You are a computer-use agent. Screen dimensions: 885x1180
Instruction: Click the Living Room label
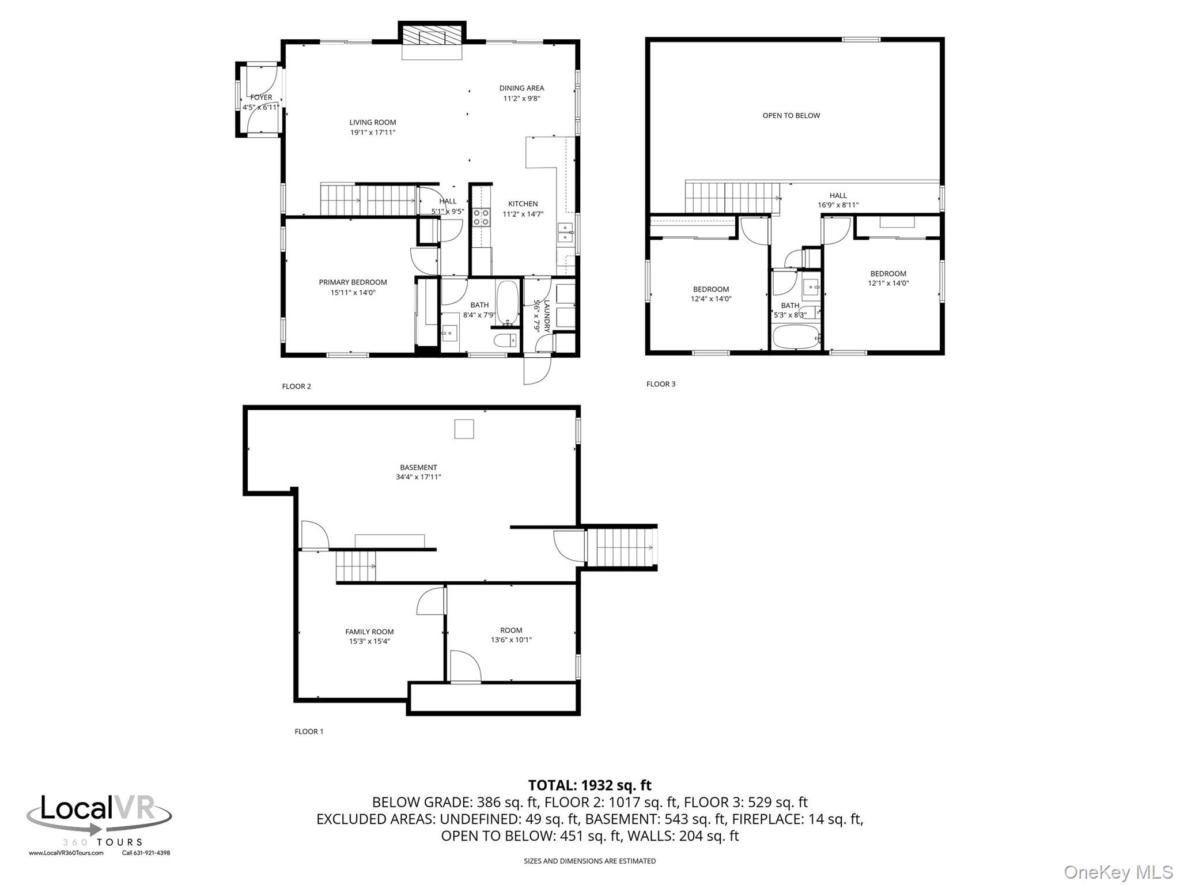click(372, 122)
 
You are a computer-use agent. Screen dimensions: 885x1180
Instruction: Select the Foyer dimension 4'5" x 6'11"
click(260, 107)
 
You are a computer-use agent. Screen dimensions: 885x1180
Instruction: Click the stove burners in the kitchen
click(481, 217)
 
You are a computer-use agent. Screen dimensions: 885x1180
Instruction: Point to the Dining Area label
click(521, 88)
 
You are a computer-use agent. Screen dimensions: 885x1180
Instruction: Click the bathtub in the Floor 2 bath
click(508, 302)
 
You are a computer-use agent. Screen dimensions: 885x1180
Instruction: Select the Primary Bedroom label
click(353, 282)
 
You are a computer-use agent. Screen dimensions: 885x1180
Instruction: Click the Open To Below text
click(791, 116)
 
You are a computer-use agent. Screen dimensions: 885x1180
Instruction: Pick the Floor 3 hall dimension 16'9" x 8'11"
click(838, 205)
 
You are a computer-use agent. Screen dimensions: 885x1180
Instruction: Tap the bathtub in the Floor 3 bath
click(796, 337)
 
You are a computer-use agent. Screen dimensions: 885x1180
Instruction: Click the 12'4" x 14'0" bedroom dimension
click(711, 299)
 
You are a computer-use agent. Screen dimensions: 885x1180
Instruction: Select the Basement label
click(418, 467)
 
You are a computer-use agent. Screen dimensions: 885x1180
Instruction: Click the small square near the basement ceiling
click(464, 429)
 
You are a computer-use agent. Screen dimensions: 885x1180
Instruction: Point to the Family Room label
click(369, 631)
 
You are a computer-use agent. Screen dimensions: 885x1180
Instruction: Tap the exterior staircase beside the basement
click(621, 548)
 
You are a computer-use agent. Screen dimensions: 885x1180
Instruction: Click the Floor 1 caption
click(309, 731)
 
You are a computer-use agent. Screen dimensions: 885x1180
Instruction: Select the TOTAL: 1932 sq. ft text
click(589, 785)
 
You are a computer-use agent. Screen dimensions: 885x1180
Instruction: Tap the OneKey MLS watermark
click(1118, 872)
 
